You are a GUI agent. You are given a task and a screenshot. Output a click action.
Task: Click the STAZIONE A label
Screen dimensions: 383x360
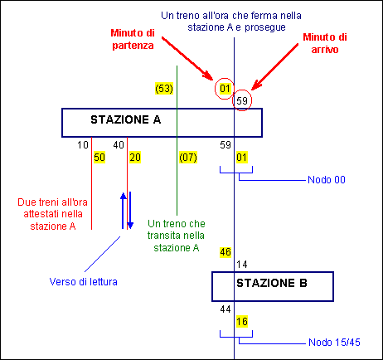tap(126, 119)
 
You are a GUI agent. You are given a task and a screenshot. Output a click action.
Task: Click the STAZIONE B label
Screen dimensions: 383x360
tap(272, 283)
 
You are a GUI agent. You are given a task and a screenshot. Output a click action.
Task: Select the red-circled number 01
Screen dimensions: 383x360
tap(225, 89)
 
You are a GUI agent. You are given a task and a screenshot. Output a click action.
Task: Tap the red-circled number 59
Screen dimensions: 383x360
tap(242, 100)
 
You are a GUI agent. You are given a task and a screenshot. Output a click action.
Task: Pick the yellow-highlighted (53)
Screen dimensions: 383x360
tap(164, 89)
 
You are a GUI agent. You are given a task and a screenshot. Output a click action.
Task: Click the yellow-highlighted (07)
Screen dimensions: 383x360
tap(188, 158)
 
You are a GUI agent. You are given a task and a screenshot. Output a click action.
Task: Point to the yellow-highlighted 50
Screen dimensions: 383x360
tap(99, 158)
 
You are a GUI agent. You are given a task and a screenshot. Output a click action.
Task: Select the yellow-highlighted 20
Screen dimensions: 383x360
tap(135, 158)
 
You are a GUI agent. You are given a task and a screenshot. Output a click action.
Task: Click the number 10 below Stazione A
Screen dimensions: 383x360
tap(83, 145)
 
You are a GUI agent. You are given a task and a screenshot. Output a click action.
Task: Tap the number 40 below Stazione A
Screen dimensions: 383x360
tap(119, 145)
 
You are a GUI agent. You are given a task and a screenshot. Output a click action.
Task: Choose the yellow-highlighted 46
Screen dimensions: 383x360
tap(225, 252)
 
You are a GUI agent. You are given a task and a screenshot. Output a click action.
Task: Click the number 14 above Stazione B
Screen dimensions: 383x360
tap(242, 265)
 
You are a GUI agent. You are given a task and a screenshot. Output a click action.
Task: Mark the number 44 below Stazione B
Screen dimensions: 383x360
tap(225, 309)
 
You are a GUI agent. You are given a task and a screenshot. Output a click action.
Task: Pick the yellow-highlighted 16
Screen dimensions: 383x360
tap(242, 322)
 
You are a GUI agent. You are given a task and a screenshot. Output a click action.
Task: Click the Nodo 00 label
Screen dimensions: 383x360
tap(327, 180)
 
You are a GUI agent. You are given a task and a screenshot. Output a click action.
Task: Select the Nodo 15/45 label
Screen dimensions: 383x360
tap(334, 343)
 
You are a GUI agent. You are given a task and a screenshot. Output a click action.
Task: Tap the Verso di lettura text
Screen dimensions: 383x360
tap(84, 282)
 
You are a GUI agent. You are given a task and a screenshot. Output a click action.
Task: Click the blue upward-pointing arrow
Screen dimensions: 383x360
tap(123, 211)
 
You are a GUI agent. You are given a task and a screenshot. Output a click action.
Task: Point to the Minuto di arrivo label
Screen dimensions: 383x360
tap(325, 43)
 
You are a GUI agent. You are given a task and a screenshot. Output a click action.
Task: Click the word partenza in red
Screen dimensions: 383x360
tap(133, 46)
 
